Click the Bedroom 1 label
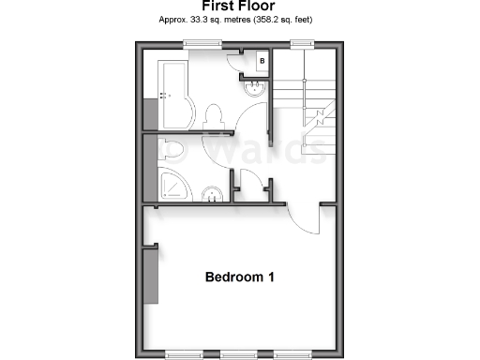(x=239, y=277)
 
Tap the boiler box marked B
(x=262, y=62)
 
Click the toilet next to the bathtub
(x=212, y=115)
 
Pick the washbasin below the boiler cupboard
(x=253, y=90)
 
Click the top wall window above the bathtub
(x=197, y=42)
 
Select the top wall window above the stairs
(x=300, y=42)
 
